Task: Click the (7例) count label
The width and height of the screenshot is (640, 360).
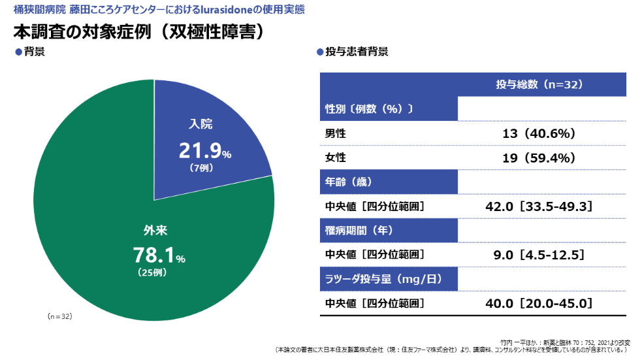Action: (x=201, y=168)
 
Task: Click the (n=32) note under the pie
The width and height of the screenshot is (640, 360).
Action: (x=59, y=316)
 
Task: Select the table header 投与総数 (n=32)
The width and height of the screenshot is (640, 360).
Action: (x=539, y=85)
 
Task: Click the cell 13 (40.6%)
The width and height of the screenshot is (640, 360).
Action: (x=539, y=133)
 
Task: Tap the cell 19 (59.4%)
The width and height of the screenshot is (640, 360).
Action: (x=539, y=157)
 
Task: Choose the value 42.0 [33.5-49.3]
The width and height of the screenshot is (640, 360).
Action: (x=539, y=206)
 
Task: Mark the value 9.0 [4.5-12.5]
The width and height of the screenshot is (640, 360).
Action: (x=539, y=254)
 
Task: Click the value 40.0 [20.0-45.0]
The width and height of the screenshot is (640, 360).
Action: (x=539, y=303)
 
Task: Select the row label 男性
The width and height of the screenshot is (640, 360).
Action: (x=335, y=133)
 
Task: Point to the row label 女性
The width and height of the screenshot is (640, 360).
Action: (x=335, y=157)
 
